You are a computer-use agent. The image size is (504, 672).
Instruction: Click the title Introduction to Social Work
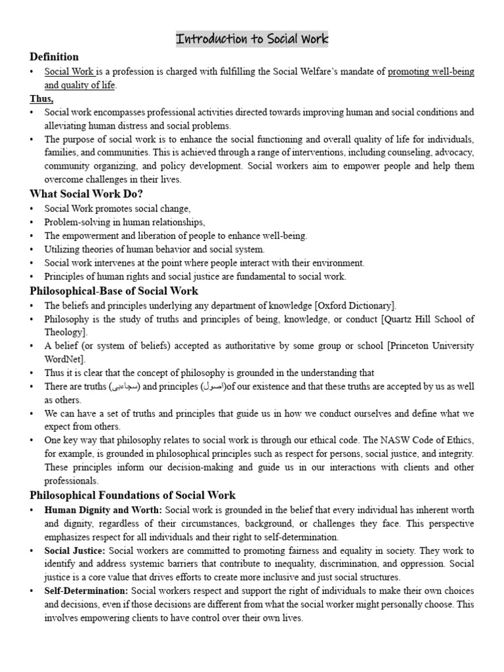252,39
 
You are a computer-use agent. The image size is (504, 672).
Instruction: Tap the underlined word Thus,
41,98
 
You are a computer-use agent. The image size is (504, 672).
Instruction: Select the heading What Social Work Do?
86,194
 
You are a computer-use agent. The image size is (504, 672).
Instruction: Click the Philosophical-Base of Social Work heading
114,291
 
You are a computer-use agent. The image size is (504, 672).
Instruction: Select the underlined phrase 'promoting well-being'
430,72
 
